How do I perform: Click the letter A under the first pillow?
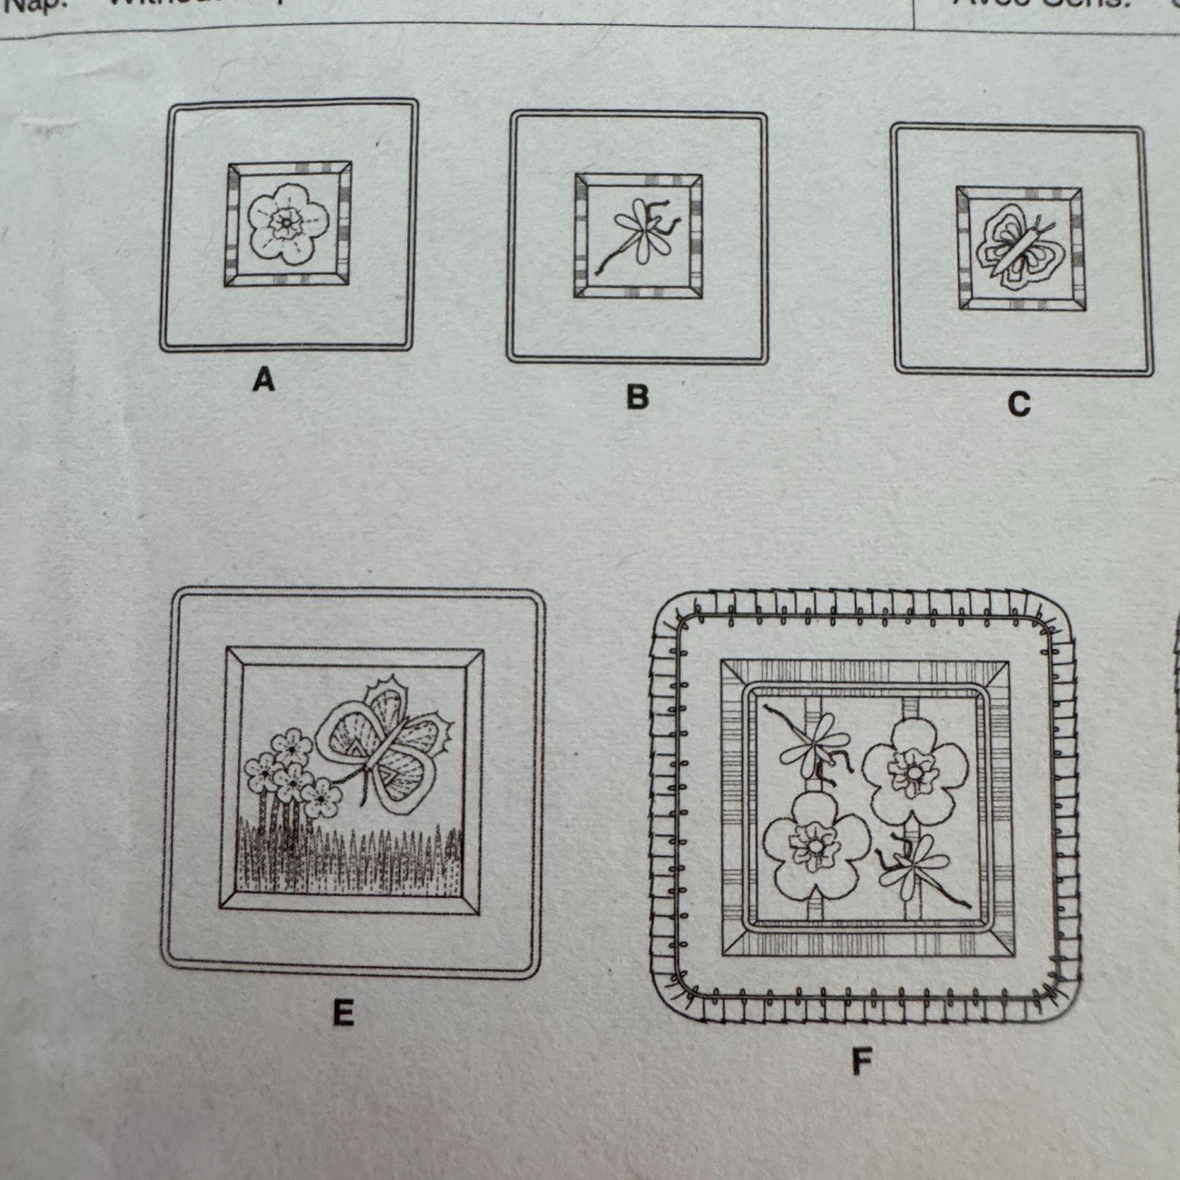pyautogui.click(x=263, y=380)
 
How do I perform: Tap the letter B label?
pyautogui.click(x=637, y=397)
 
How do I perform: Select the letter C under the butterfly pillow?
pyautogui.click(x=1018, y=404)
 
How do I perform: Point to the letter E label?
pyautogui.click(x=343, y=1013)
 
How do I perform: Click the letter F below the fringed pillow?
pyautogui.click(x=861, y=1062)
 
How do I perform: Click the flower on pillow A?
pyautogui.click(x=287, y=222)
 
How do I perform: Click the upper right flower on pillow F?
pyautogui.click(x=915, y=768)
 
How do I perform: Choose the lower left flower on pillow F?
pyautogui.click(x=813, y=846)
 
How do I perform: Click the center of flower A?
pyautogui.click(x=287, y=221)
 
